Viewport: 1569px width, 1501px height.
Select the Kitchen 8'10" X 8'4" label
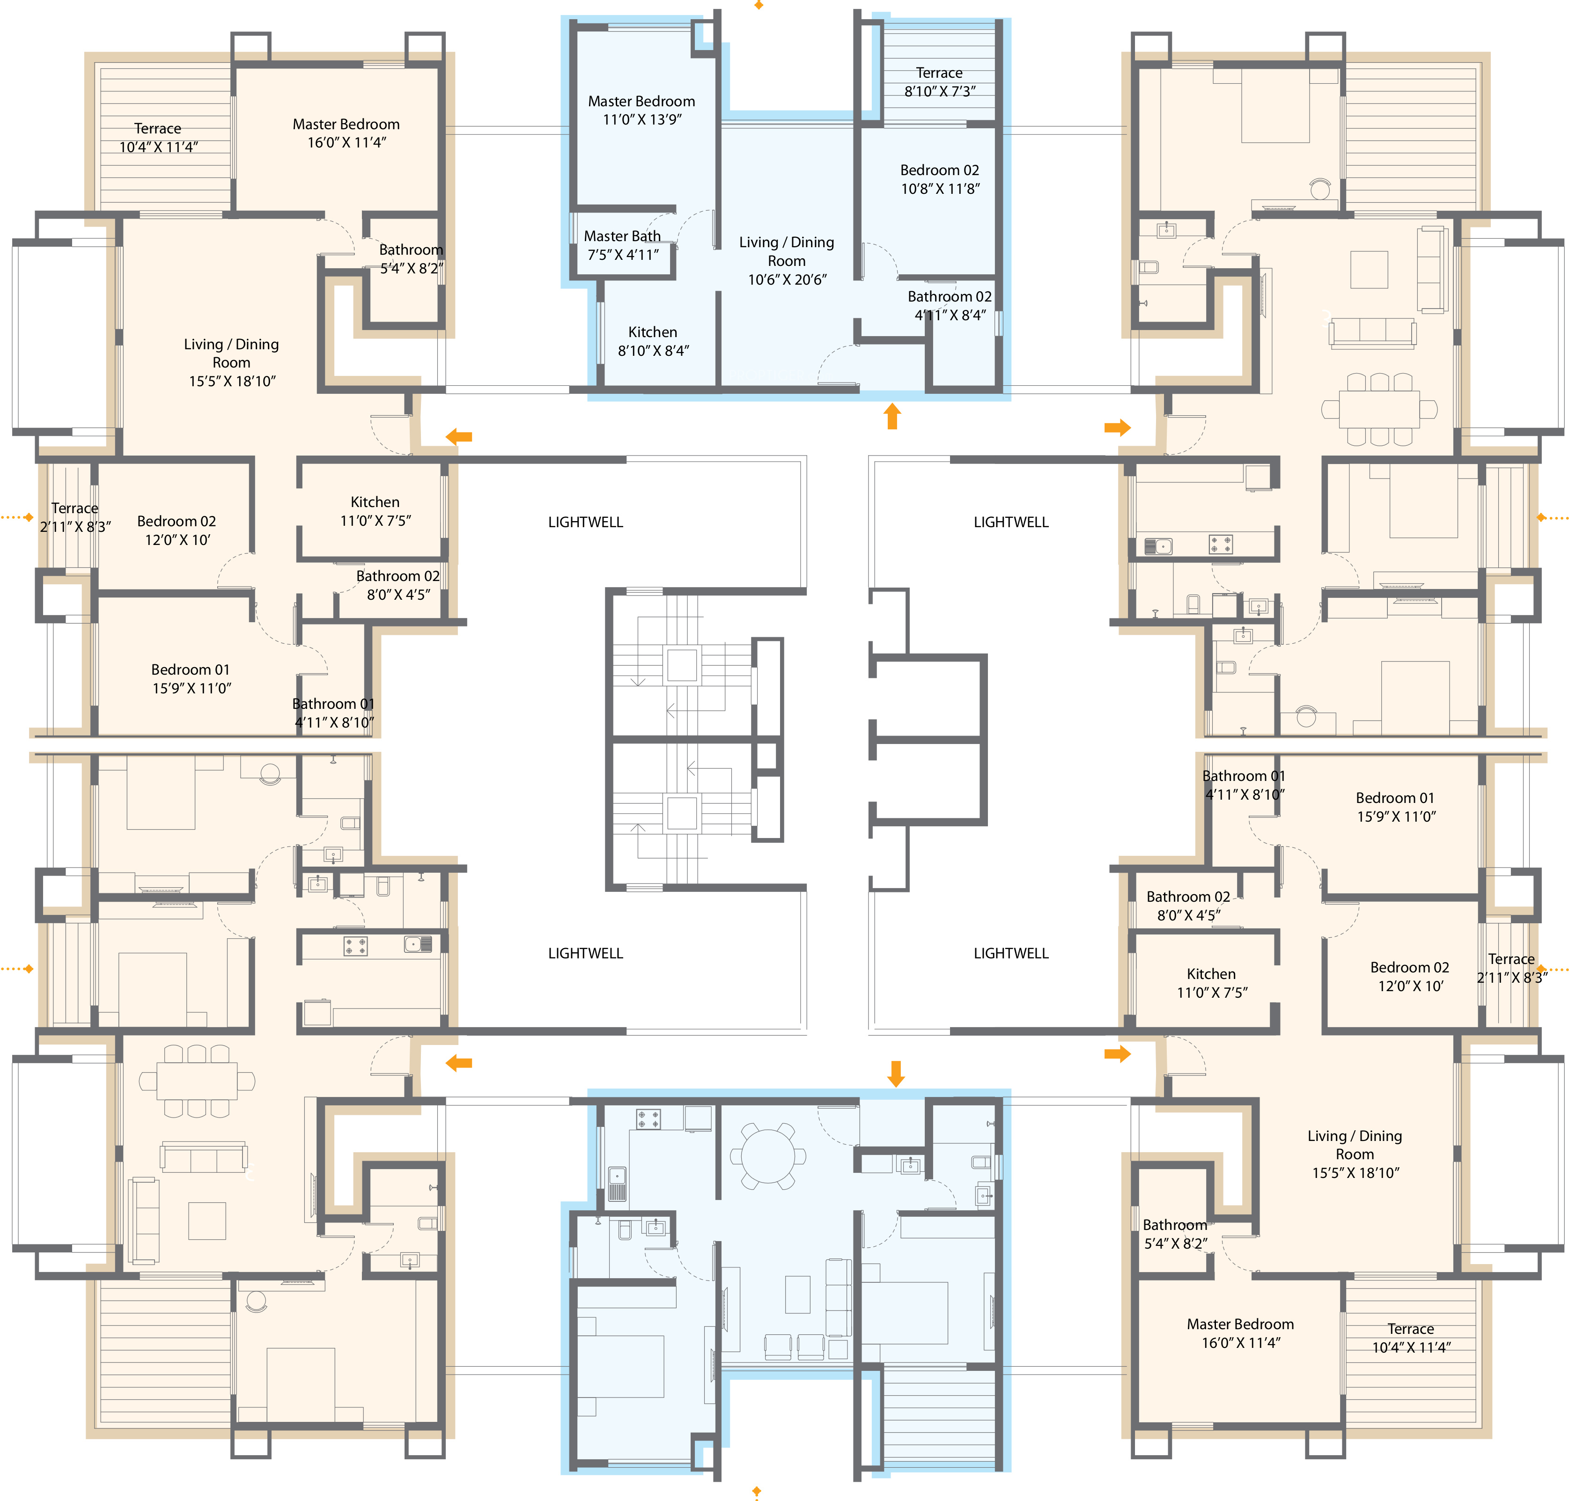click(652, 341)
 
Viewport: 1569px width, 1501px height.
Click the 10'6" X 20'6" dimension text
click(787, 279)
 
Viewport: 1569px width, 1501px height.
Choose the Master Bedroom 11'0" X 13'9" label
click(641, 110)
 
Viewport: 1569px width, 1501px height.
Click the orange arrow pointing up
click(891, 416)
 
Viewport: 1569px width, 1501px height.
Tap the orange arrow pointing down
click(895, 1074)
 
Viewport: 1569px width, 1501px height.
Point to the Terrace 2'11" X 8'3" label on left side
click(75, 517)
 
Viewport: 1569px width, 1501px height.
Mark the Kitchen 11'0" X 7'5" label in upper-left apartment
click(375, 510)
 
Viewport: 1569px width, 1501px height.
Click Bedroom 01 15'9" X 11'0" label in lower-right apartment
click(1395, 807)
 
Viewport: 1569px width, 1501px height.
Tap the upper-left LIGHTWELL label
click(585, 522)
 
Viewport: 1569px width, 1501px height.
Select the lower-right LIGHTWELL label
click(1010, 953)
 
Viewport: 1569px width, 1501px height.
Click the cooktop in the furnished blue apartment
click(648, 1118)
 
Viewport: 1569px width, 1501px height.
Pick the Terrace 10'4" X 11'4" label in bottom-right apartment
click(1411, 1338)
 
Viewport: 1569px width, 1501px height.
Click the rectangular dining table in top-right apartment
click(1378, 409)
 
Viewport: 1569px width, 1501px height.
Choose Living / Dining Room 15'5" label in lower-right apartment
click(1355, 1154)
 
